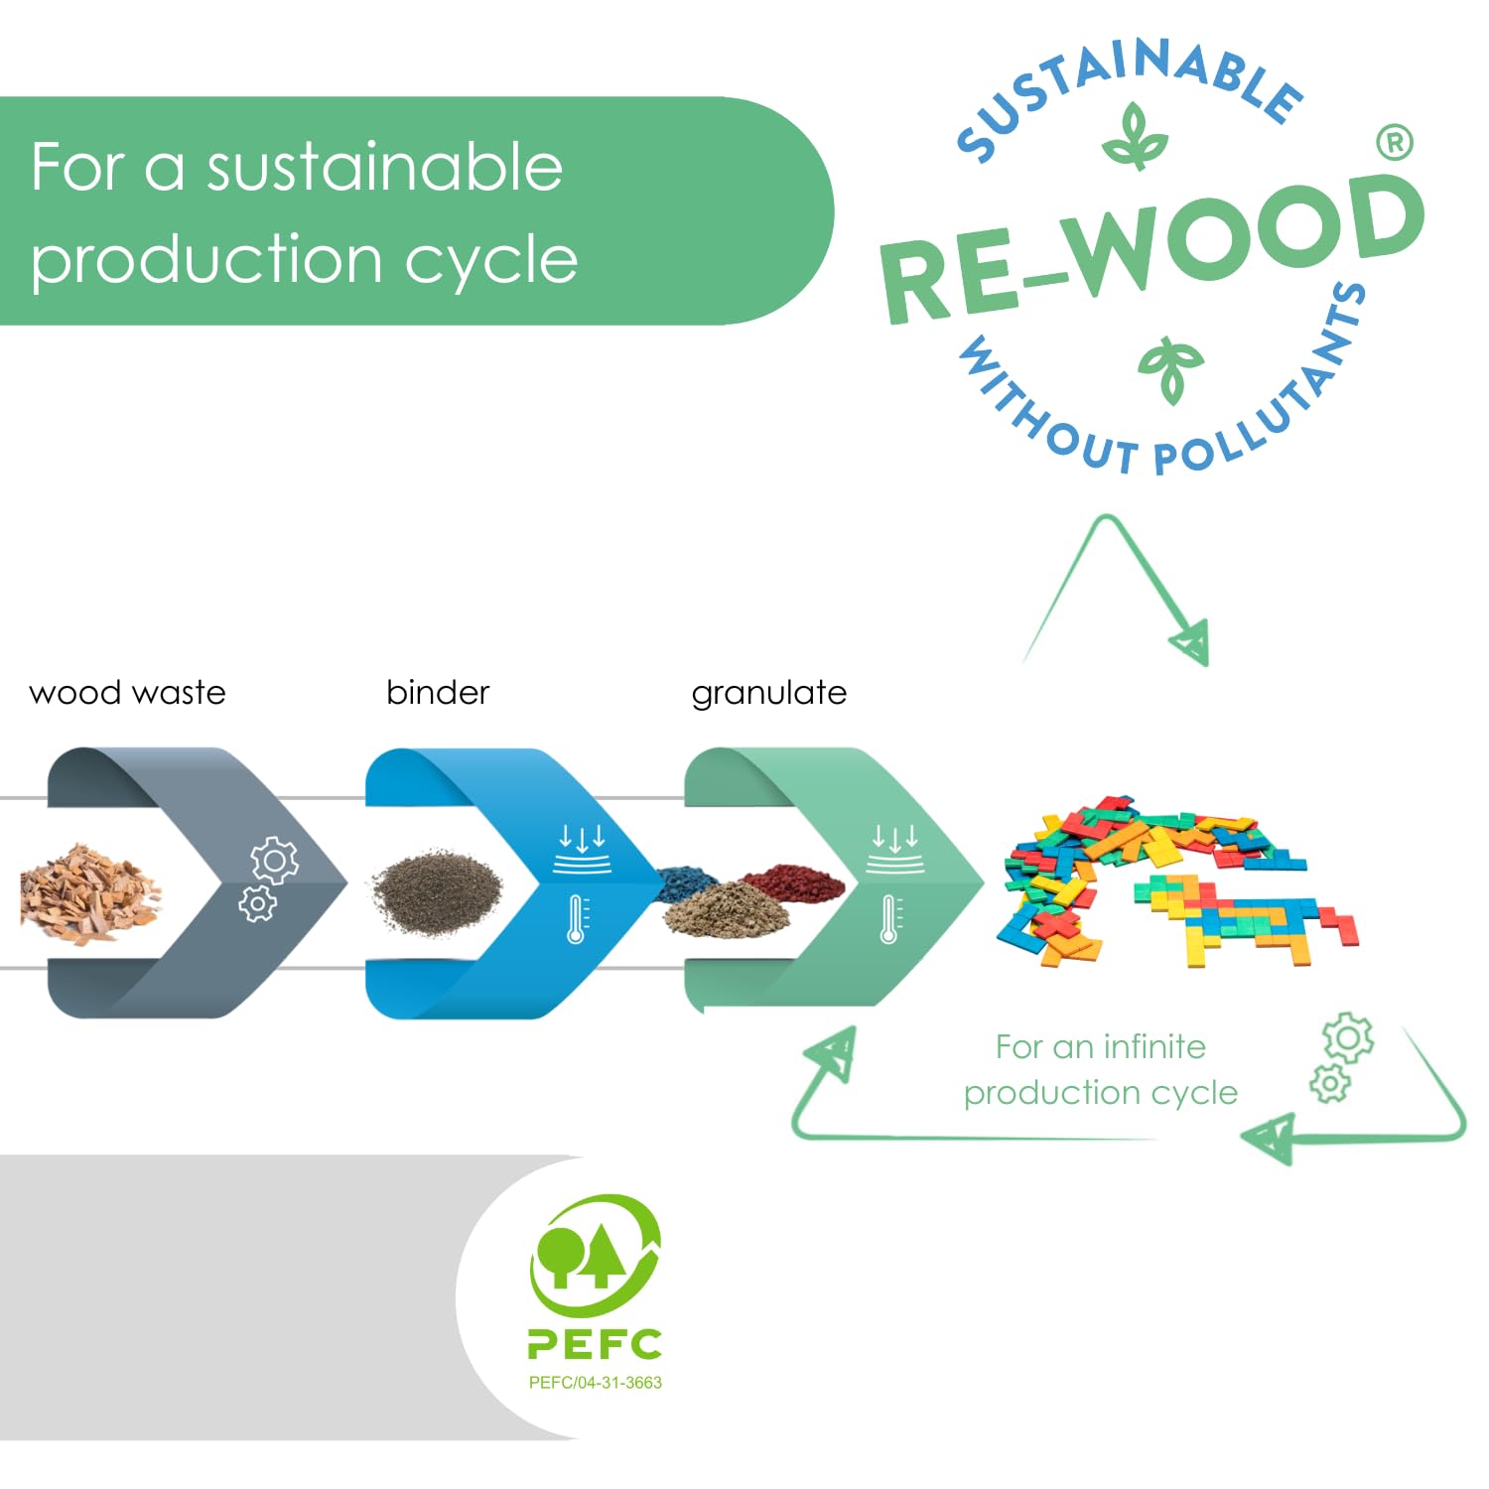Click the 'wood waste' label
tap(127, 692)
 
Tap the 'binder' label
tap(438, 692)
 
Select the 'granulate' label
tap(769, 693)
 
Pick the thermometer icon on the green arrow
tap(890, 918)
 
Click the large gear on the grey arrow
tap(275, 861)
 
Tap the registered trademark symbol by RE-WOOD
tap(1395, 143)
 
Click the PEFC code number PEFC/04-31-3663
tap(595, 1383)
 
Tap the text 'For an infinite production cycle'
tap(1100, 1069)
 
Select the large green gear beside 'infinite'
tap(1347, 1038)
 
